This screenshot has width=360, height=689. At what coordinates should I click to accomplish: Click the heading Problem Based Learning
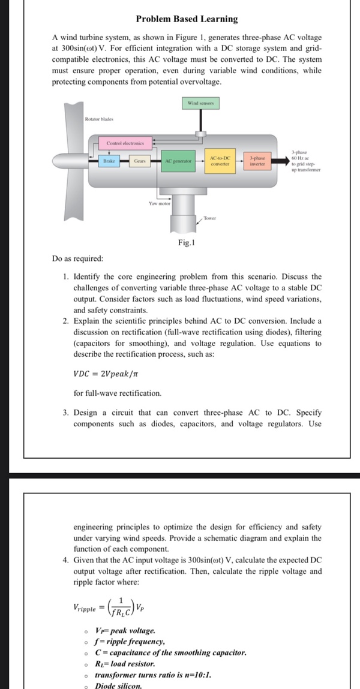pos(187,19)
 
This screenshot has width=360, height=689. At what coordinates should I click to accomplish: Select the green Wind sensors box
pos(201,104)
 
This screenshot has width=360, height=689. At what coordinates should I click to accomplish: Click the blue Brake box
pos(109,161)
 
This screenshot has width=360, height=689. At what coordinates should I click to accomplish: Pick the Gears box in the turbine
pos(139,161)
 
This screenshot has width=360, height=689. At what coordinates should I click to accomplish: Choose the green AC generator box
pos(178,161)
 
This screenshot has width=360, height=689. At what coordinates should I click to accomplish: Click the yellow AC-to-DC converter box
pos(222,160)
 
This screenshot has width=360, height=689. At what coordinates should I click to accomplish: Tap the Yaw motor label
pos(160,204)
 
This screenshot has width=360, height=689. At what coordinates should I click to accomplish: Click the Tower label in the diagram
pos(209,218)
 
